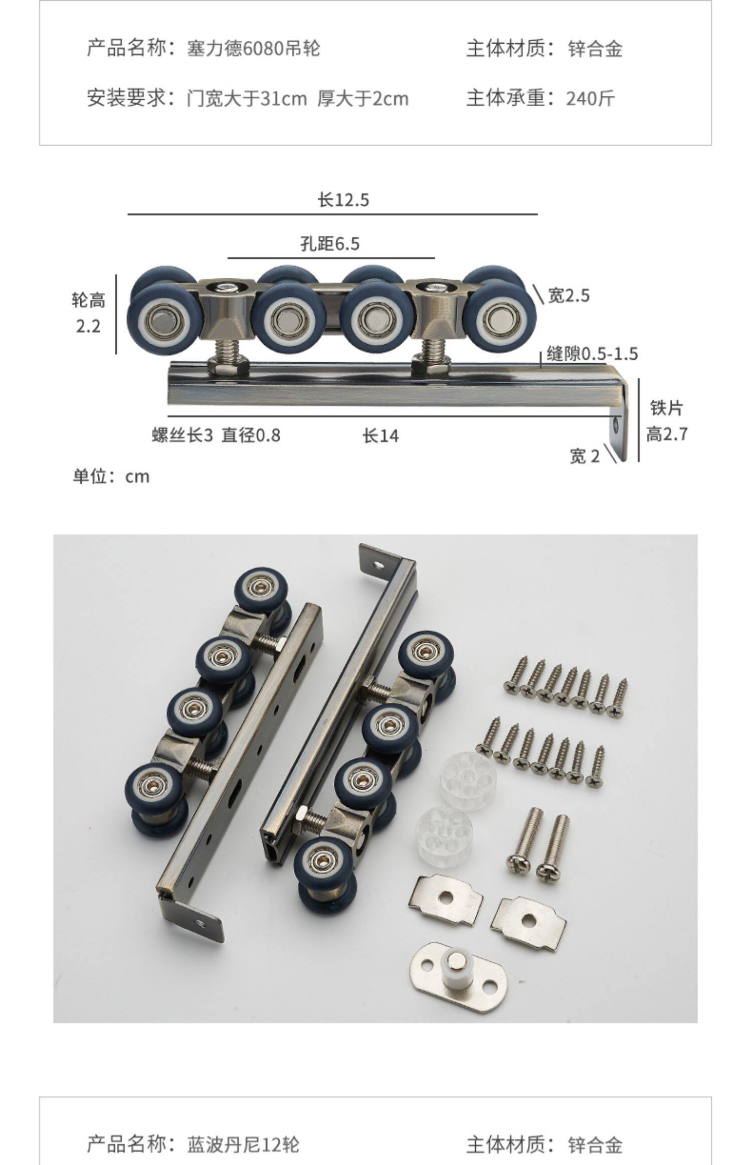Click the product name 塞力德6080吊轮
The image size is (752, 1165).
tap(253, 49)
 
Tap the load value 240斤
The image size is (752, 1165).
tap(590, 98)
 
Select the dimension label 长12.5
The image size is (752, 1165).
tap(343, 200)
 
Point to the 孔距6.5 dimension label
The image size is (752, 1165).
tap(330, 244)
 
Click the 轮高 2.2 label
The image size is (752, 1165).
tap(88, 314)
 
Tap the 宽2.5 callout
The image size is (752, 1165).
tap(569, 296)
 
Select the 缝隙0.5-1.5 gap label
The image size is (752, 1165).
tap(592, 354)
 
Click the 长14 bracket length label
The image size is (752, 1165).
tap(381, 435)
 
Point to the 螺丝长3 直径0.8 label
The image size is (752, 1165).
tap(216, 435)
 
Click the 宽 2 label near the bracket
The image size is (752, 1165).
tap(585, 456)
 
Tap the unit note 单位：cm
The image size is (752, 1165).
tap(111, 476)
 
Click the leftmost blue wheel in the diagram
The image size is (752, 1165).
tap(161, 319)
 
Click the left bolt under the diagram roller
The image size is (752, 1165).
tap(228, 353)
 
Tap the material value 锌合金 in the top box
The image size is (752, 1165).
tap(595, 49)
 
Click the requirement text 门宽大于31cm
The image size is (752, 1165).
tap(246, 98)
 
